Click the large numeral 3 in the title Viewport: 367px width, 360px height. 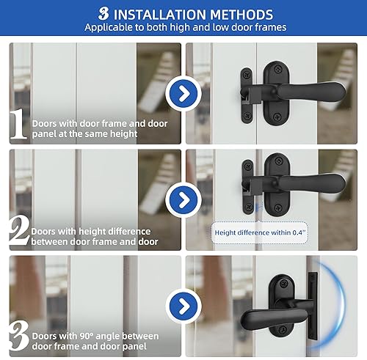click(103, 14)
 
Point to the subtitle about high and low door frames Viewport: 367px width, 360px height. click(183, 28)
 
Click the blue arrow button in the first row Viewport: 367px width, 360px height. click(182, 93)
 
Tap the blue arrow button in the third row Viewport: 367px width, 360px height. click(182, 305)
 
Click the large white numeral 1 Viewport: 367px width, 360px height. click(18, 126)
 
